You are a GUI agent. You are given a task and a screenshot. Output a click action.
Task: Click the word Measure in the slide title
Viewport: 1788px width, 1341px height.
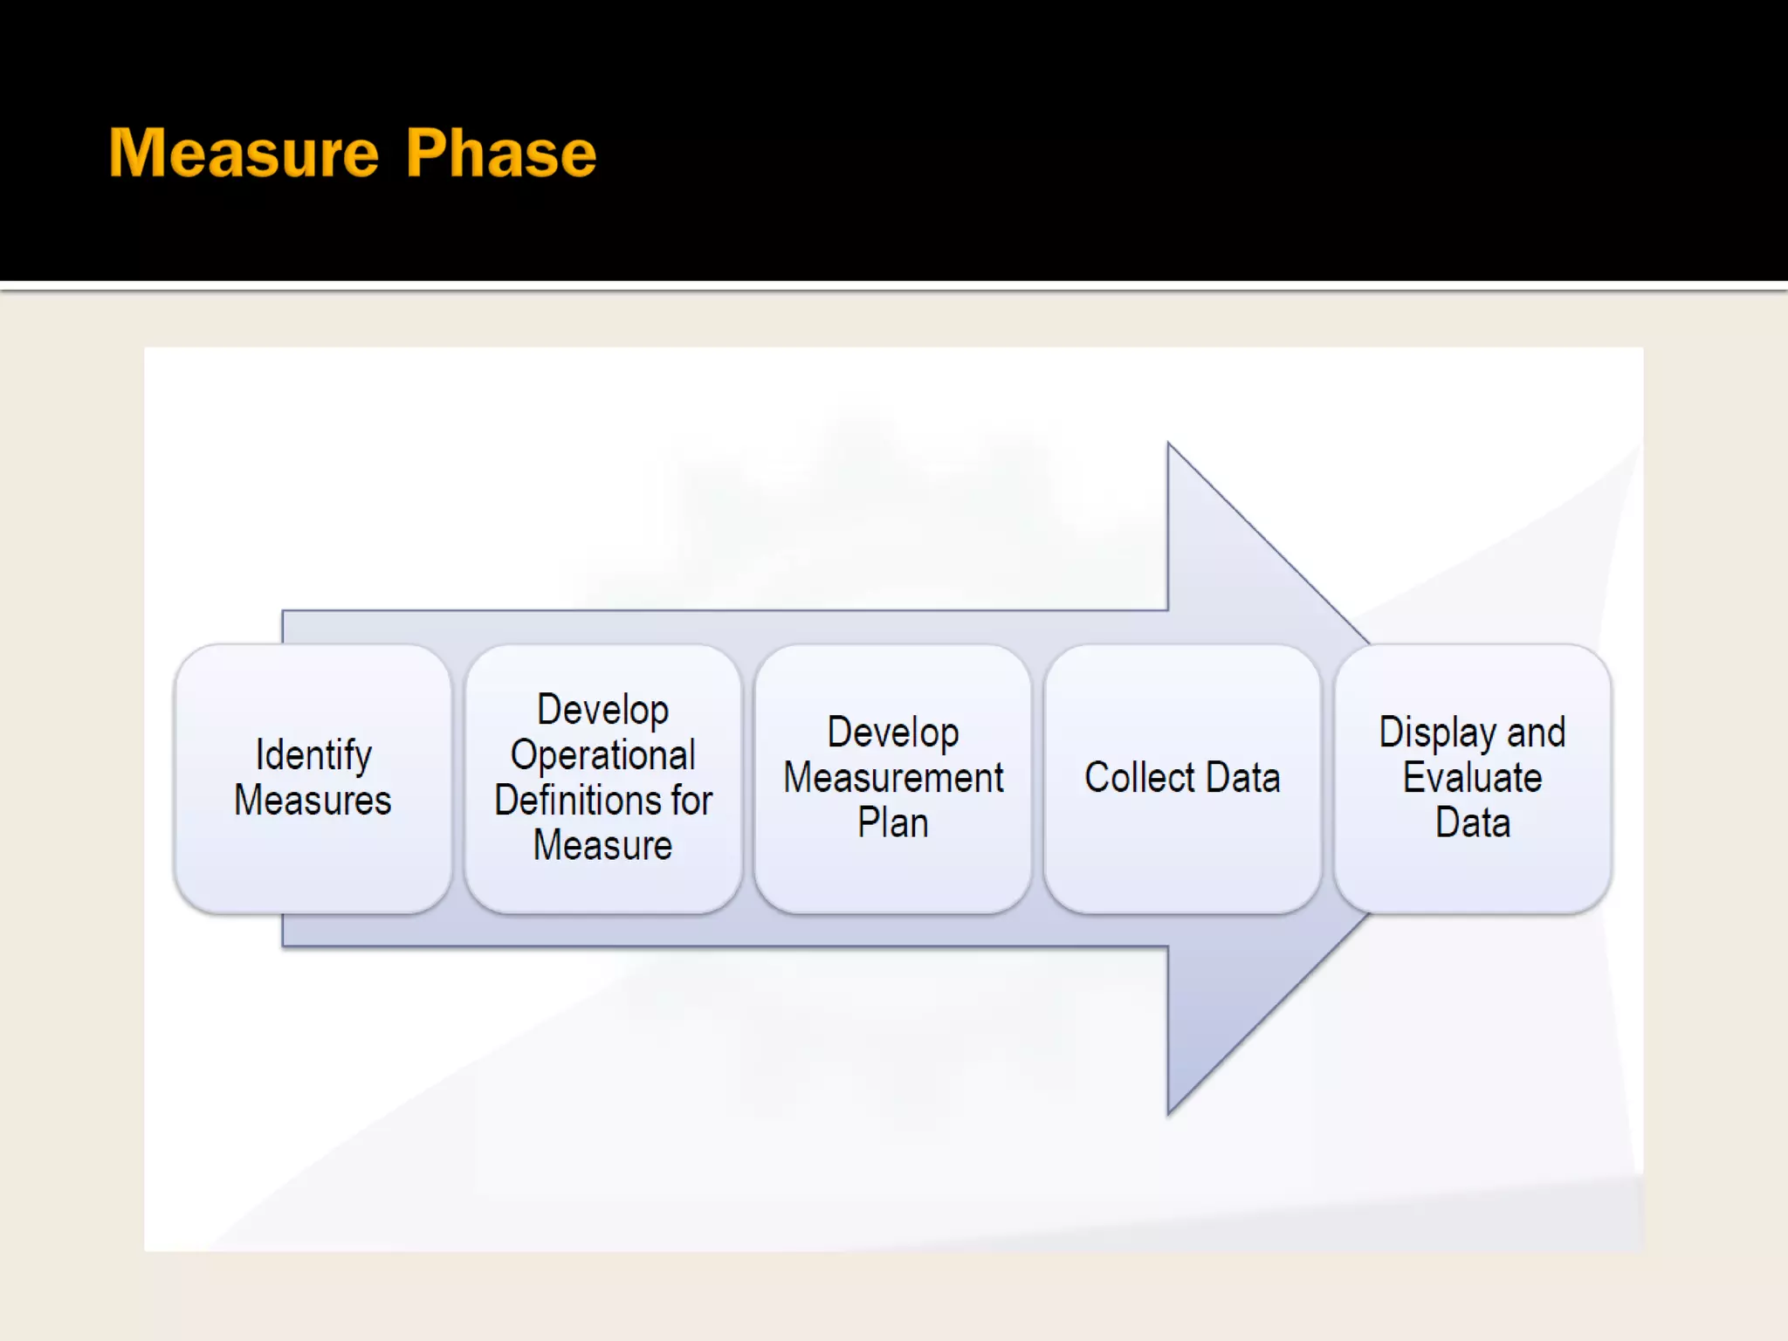[x=244, y=154]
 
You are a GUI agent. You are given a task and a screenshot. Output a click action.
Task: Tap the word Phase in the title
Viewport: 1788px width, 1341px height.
[x=501, y=154]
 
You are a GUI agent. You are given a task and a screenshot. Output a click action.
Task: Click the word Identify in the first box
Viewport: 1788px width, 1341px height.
[x=313, y=755]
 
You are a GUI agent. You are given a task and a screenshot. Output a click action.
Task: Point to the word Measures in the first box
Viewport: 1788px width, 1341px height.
[x=313, y=801]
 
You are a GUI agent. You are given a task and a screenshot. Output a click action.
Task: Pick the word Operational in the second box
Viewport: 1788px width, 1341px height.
[x=603, y=755]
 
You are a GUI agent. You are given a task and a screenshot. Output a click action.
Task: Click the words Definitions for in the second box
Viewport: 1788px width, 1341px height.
[x=603, y=801]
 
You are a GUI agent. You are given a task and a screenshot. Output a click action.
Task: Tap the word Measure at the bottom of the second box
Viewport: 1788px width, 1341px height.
[x=603, y=846]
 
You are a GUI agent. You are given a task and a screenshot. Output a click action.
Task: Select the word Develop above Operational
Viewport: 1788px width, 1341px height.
[x=603, y=710]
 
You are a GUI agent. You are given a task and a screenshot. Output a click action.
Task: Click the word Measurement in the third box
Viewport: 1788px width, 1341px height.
[x=893, y=778]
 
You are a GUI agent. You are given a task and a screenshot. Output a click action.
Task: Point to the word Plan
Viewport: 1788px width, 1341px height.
[x=893, y=823]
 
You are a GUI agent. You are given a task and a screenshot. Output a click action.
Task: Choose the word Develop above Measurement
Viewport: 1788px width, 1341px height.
[x=893, y=732]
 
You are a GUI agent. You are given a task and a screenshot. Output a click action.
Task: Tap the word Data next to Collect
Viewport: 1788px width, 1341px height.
[x=1244, y=778]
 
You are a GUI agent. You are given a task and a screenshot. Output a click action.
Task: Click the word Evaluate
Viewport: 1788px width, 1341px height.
[x=1473, y=778]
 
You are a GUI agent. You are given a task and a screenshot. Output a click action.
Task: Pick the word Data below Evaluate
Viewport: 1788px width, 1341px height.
[x=1473, y=823]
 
